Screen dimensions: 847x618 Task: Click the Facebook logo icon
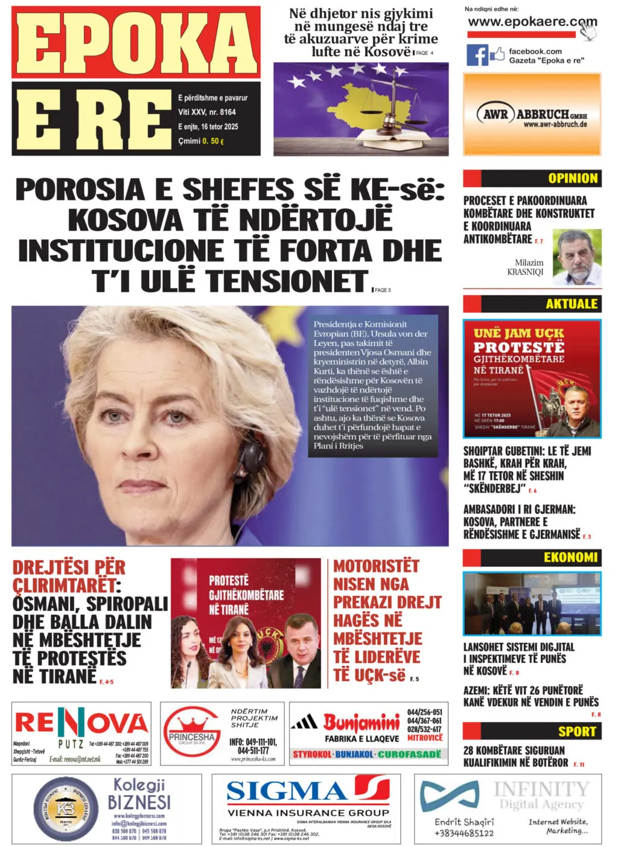[477, 55]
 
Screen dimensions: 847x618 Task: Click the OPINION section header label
[573, 178]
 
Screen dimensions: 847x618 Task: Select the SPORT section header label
[577, 732]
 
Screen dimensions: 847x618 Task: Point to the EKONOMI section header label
[570, 557]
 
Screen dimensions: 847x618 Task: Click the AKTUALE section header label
[572, 304]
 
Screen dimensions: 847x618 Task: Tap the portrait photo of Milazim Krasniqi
[577, 257]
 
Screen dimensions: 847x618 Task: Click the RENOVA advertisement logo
[81, 723]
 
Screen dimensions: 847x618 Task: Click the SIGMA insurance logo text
[287, 791]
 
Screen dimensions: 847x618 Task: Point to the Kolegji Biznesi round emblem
[65, 808]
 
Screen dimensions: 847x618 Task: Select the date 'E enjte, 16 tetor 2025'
[208, 127]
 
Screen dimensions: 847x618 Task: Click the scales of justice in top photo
[396, 103]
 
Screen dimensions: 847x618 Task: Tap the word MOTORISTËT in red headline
[376, 566]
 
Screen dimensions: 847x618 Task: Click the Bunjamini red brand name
[362, 722]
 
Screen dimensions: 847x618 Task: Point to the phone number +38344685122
[464, 834]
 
